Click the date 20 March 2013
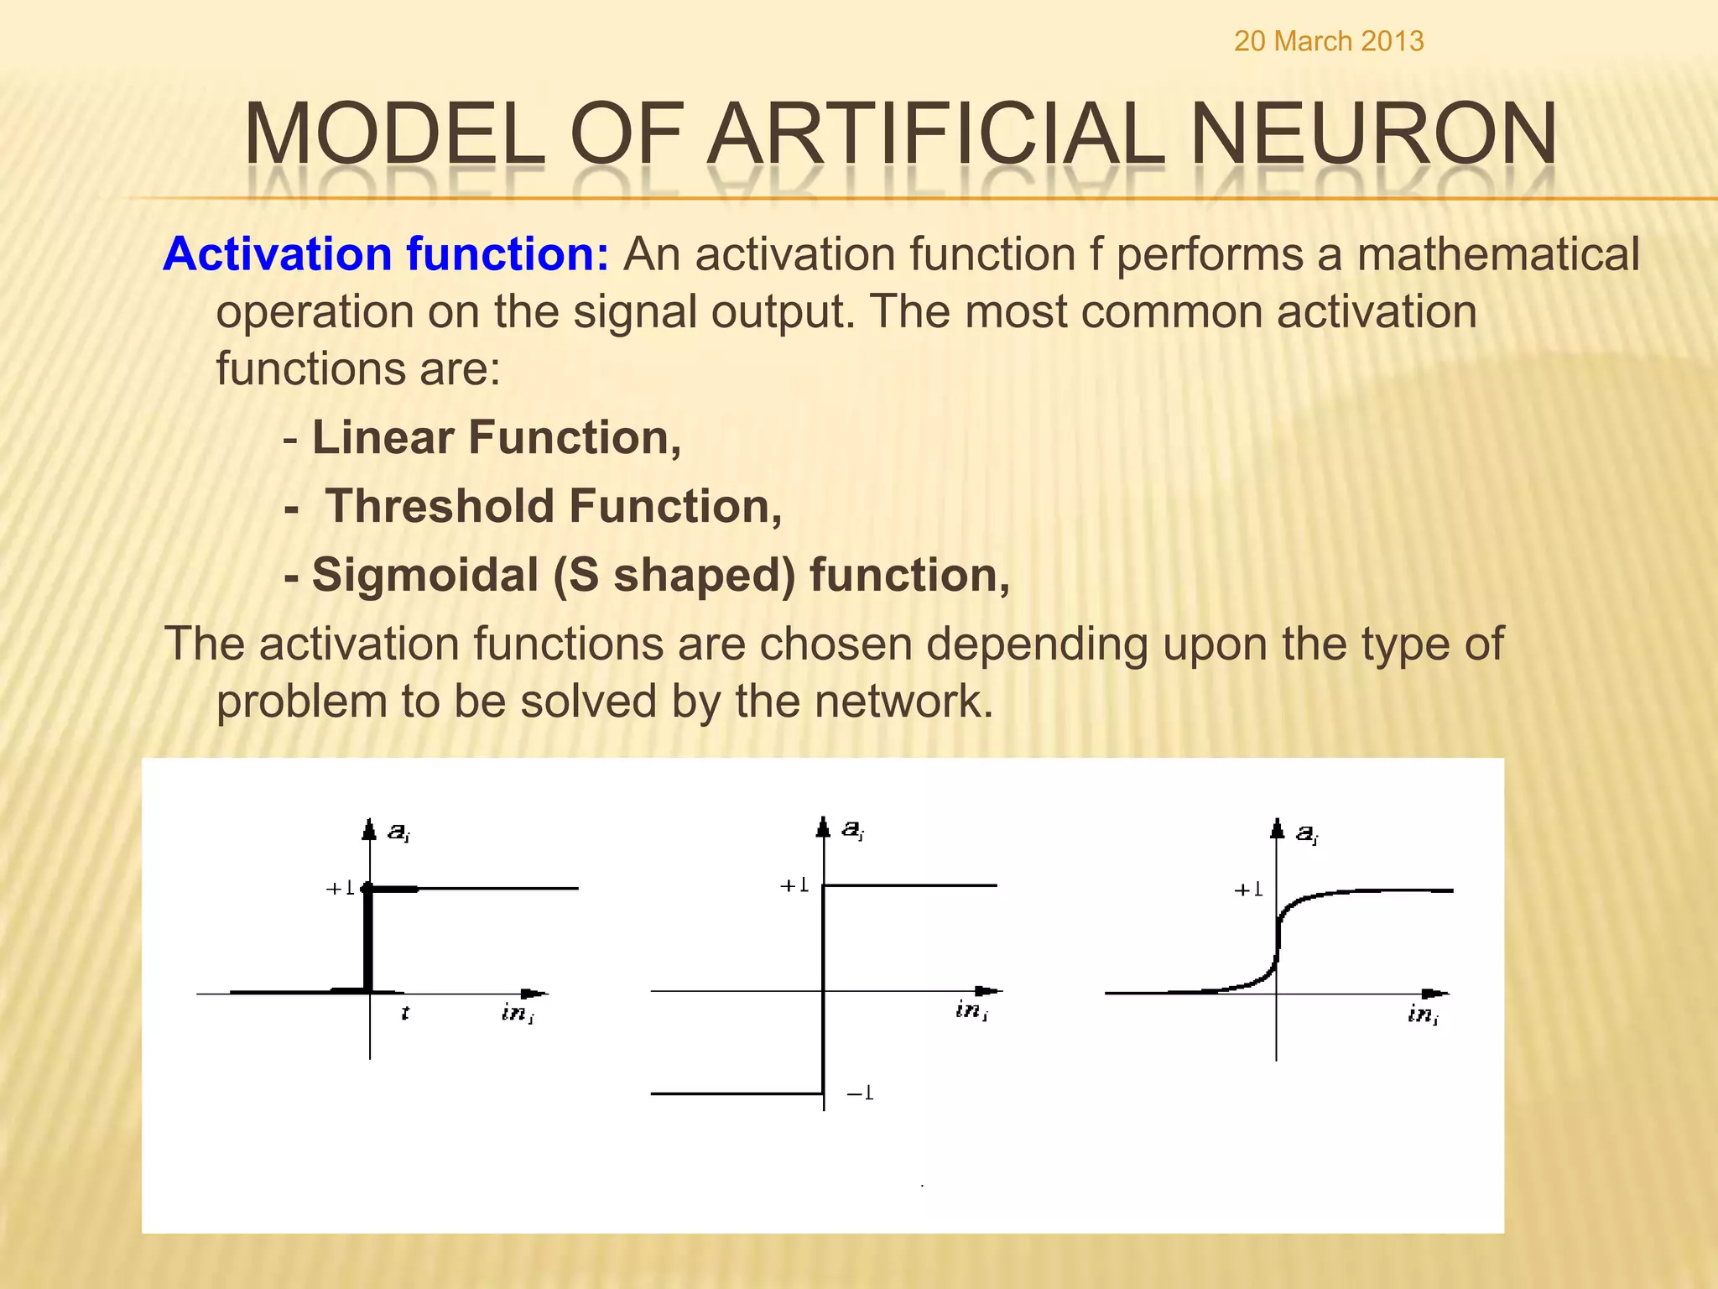click(1328, 41)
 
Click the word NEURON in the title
click(1372, 134)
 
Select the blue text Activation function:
click(386, 254)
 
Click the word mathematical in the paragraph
click(1497, 254)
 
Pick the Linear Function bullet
click(496, 438)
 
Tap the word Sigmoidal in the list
click(425, 576)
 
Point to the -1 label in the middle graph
click(861, 1093)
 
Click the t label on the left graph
click(405, 1013)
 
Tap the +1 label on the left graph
click(340, 888)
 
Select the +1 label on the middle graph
click(794, 885)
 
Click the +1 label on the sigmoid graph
click(1248, 890)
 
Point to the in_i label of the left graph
click(517, 1013)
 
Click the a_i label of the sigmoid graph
click(1307, 833)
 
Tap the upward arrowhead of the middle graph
click(823, 827)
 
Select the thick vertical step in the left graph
click(368, 940)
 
